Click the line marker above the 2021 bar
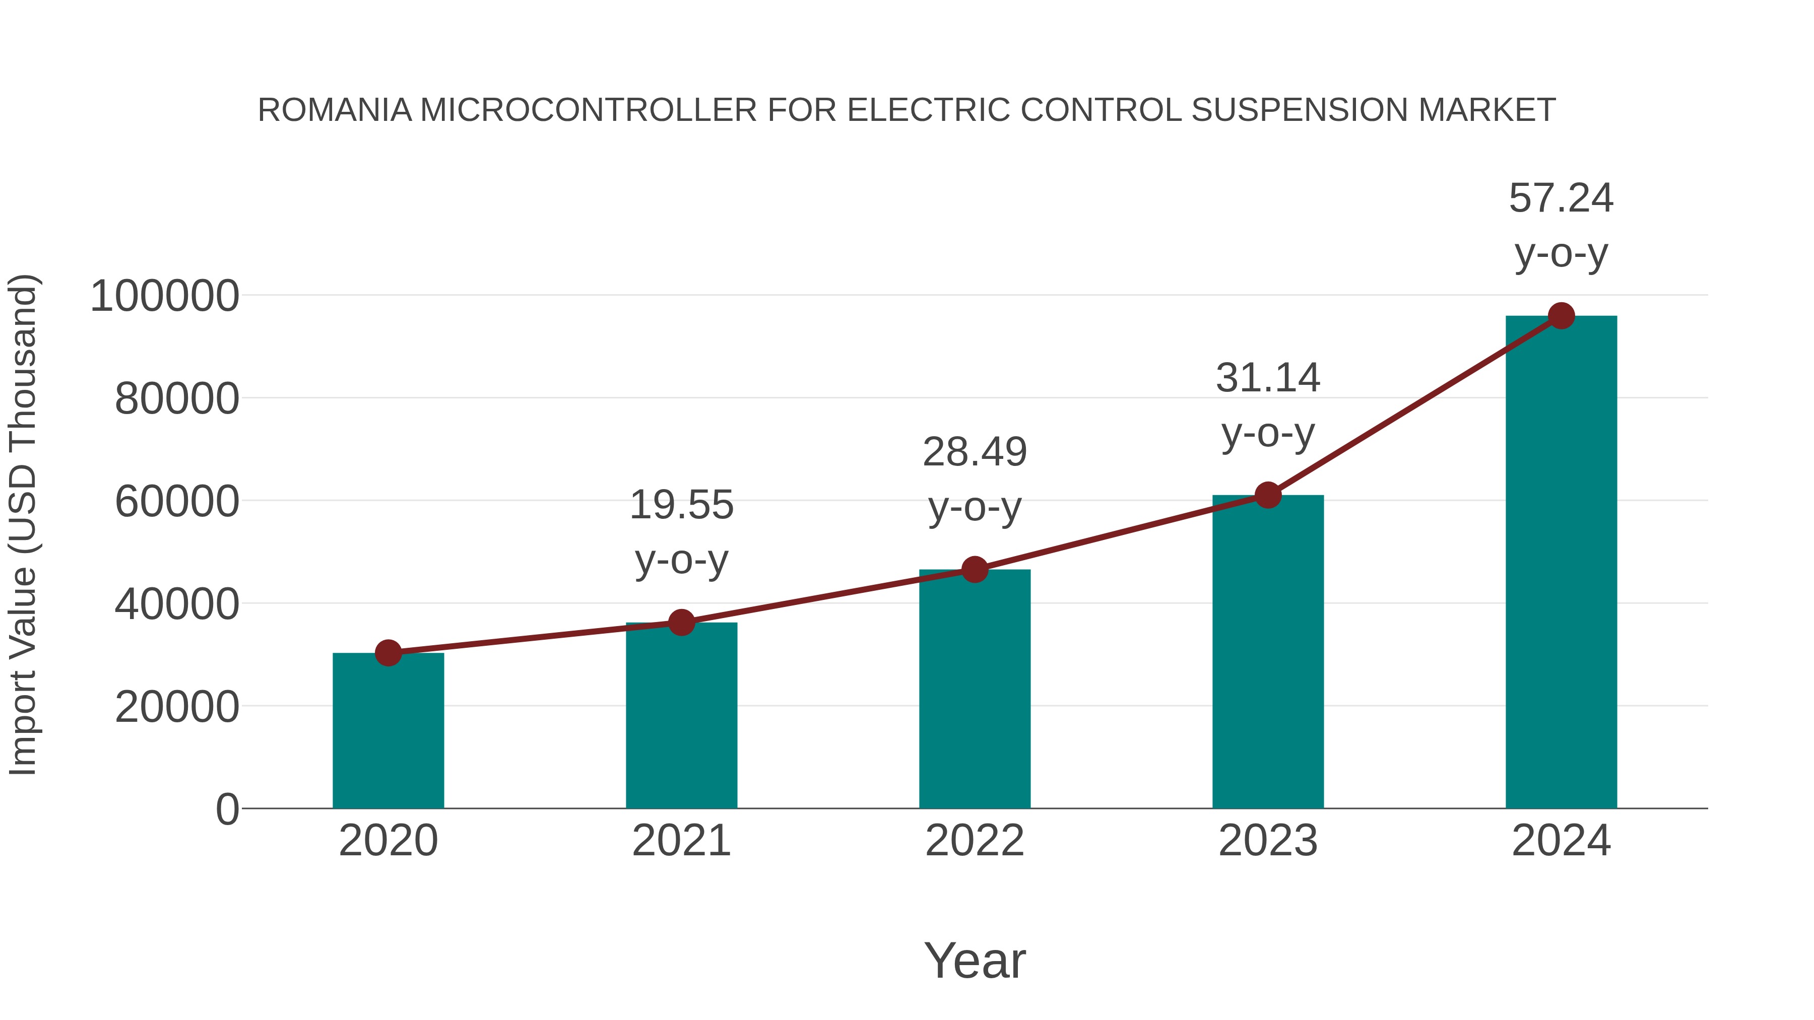click(x=681, y=622)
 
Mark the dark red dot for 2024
click(x=1561, y=316)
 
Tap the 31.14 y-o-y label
click(x=1268, y=405)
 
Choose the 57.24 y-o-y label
click(x=1561, y=225)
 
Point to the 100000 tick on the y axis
click(x=165, y=296)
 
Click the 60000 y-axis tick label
click(x=177, y=502)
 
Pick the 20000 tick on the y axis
click(x=177, y=707)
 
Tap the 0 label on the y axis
click(x=227, y=809)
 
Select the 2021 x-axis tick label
click(x=681, y=841)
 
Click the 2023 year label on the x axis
click(x=1268, y=841)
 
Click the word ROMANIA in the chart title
click(x=335, y=110)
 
